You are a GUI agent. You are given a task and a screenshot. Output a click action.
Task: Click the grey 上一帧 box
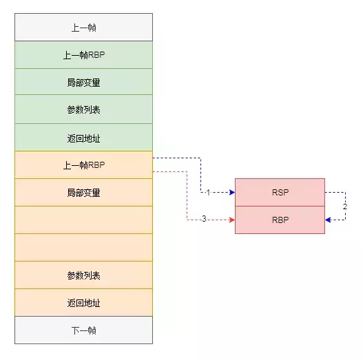point(83,28)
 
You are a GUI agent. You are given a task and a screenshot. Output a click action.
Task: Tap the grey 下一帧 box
point(83,330)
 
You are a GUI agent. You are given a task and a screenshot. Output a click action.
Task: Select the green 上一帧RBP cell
point(83,55)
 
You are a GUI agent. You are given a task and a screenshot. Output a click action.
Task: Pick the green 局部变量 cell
point(83,82)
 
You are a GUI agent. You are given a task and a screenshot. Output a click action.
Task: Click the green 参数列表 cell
point(83,109)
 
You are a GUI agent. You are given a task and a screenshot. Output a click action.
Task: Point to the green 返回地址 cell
point(83,138)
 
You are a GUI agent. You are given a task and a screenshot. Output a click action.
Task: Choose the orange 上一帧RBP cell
point(83,165)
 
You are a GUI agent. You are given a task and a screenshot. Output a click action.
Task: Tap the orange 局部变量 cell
point(83,192)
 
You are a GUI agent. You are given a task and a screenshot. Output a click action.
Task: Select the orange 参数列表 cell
point(83,275)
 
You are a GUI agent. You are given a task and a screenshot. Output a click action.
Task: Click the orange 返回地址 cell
point(83,302)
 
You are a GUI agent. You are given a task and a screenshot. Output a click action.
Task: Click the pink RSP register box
point(280,192)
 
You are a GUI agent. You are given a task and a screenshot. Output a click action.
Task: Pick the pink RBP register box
point(280,220)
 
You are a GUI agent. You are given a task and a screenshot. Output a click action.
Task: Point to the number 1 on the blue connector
point(208,193)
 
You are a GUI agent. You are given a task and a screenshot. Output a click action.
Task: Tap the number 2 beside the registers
point(345,207)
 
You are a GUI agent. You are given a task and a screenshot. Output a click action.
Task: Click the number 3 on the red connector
point(204,219)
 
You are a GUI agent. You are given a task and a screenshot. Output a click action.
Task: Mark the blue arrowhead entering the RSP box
point(232,192)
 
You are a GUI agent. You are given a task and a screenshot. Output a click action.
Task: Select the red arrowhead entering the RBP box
point(232,220)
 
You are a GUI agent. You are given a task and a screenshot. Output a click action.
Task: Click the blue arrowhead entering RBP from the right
point(328,220)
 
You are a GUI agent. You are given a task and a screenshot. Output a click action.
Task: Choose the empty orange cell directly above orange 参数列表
point(83,247)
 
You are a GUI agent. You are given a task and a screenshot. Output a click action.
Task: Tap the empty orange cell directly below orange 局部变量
point(83,220)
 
